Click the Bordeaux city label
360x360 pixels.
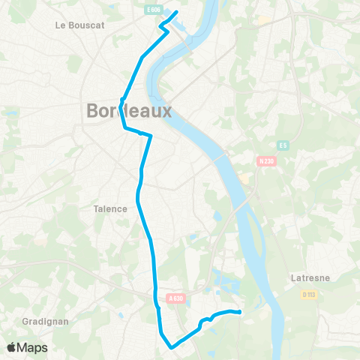[x=129, y=111]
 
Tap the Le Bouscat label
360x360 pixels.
[x=79, y=25]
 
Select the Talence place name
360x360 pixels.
[x=110, y=208]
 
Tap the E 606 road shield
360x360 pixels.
[x=154, y=8]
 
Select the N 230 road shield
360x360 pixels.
[x=265, y=160]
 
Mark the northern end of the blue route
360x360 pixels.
[x=176, y=12]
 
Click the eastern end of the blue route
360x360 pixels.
[x=239, y=312]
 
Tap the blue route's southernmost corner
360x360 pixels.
[x=172, y=347]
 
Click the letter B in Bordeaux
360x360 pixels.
[x=93, y=111]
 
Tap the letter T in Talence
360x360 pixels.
[x=96, y=208]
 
